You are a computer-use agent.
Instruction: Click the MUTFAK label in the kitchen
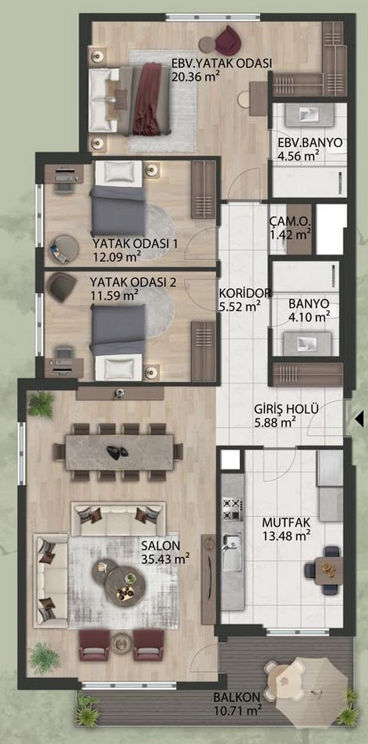[286, 522]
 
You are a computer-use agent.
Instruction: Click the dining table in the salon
[119, 451]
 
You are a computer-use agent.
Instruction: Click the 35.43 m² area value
[166, 559]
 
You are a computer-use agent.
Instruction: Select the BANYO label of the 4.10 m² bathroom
[309, 304]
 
